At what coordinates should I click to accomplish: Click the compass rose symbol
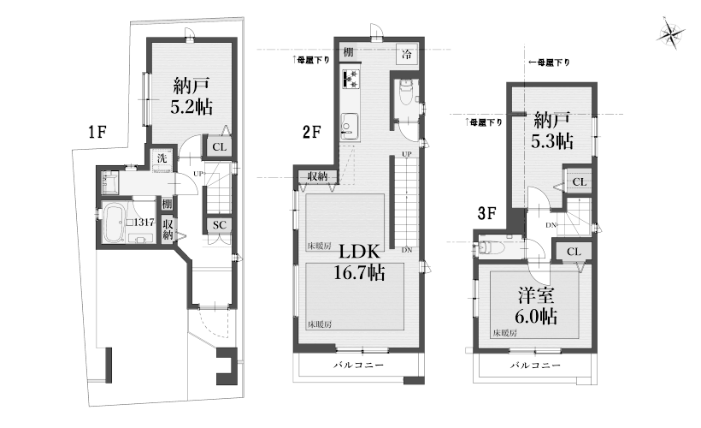[670, 33]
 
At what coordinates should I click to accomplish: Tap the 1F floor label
[97, 132]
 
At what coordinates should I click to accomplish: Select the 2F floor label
[312, 132]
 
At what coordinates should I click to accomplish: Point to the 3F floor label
[487, 213]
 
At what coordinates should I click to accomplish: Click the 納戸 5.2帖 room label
[191, 96]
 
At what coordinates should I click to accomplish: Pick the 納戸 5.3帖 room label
[552, 130]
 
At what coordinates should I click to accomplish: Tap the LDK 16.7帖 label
[360, 262]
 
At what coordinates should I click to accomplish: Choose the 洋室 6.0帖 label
[536, 306]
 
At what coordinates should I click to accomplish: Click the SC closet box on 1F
[219, 225]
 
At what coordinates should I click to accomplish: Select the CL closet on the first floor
[219, 147]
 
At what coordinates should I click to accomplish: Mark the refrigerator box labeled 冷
[406, 54]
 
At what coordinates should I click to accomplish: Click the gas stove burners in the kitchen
[350, 79]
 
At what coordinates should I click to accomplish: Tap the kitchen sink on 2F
[350, 123]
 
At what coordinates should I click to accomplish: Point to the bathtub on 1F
[114, 223]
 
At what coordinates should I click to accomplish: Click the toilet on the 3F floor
[491, 247]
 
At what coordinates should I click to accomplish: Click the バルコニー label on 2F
[358, 365]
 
